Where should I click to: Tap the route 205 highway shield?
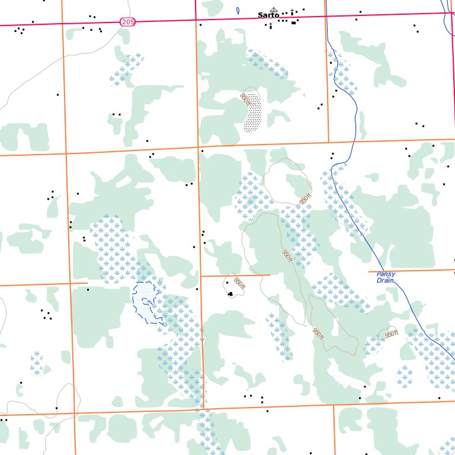(127, 22)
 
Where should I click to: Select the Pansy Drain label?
(386, 277)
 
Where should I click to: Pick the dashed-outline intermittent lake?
(146, 302)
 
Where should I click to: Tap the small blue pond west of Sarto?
(238, 11)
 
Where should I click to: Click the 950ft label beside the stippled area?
(245, 99)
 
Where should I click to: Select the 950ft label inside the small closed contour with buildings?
(239, 284)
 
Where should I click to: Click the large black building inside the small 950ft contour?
(230, 294)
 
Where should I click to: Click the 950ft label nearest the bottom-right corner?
(391, 335)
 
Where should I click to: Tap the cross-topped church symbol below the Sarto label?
(271, 25)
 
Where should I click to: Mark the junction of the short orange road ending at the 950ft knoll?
(201, 275)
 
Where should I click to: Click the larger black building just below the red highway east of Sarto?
(293, 23)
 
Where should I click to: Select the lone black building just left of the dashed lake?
(88, 290)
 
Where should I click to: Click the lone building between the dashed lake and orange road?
(197, 289)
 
